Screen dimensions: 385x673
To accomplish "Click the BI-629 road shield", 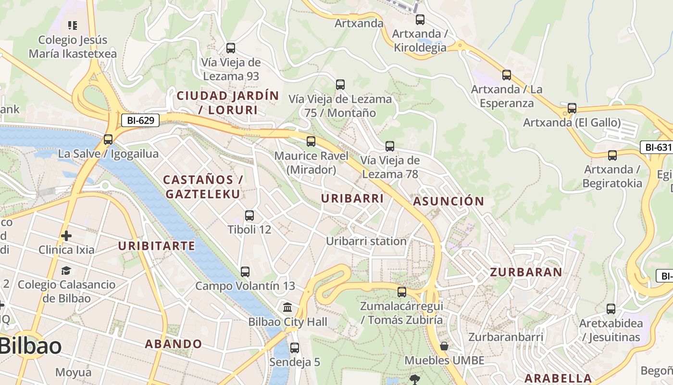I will click(x=140, y=120).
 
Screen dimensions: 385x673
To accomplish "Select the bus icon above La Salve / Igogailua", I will click(x=108, y=140).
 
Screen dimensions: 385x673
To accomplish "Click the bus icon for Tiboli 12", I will click(x=249, y=216).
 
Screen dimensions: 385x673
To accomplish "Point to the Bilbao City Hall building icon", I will click(x=287, y=308).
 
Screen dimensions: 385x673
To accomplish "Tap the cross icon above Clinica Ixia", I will click(x=66, y=236).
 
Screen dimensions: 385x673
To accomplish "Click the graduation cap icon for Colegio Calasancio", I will click(x=66, y=270).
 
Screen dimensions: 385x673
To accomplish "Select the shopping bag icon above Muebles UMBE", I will click(x=444, y=346).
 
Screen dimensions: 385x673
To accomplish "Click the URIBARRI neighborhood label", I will click(x=352, y=198).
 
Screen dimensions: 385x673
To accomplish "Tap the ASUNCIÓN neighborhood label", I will click(x=449, y=201).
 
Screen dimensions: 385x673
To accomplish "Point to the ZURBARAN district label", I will click(x=526, y=272).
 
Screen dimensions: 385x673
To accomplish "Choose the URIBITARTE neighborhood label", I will click(x=157, y=246).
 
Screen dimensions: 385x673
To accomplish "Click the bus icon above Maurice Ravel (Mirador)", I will click(x=311, y=141).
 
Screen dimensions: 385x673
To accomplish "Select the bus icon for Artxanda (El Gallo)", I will click(x=572, y=108).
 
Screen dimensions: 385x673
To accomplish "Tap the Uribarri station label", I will click(x=366, y=241).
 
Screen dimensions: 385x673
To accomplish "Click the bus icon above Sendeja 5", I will click(x=295, y=347).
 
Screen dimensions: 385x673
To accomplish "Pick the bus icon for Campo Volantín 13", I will click(x=245, y=272).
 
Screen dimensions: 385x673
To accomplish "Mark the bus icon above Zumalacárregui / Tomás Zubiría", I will click(x=402, y=292).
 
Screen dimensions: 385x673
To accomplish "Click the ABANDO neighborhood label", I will click(x=174, y=344).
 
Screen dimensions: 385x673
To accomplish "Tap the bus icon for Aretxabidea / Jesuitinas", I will click(x=611, y=309).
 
